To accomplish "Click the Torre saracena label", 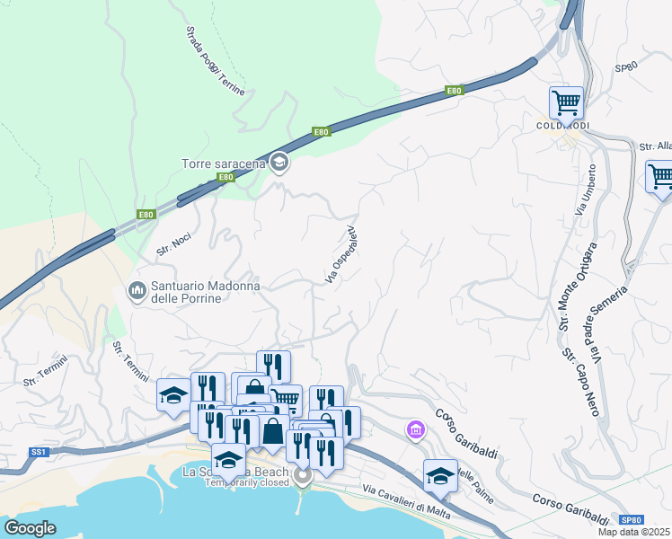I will point(223,163).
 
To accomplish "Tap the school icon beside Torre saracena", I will point(279,162).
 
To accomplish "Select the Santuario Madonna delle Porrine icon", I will point(137,290).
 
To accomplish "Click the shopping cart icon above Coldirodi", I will point(566,102).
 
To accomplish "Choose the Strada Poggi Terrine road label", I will point(215,61).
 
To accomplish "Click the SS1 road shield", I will point(38,452).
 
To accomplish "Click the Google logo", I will point(31,528).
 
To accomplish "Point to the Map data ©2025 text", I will point(634,532).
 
